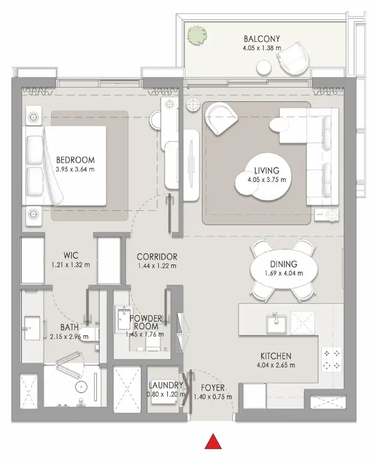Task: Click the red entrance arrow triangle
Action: click(213, 442)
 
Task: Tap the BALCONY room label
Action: click(261, 39)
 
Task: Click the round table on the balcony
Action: click(264, 68)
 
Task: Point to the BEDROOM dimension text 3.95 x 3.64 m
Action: click(75, 169)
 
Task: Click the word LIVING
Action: click(266, 170)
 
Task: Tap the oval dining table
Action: click(284, 270)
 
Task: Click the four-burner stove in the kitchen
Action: click(332, 359)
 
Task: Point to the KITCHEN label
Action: click(276, 356)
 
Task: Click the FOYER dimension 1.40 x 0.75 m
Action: click(213, 397)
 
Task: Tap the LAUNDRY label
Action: click(166, 385)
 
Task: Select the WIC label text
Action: click(71, 255)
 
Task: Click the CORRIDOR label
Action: click(157, 257)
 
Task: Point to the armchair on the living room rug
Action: click(222, 118)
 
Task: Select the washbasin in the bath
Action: click(32, 328)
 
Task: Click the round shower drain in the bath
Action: click(80, 386)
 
